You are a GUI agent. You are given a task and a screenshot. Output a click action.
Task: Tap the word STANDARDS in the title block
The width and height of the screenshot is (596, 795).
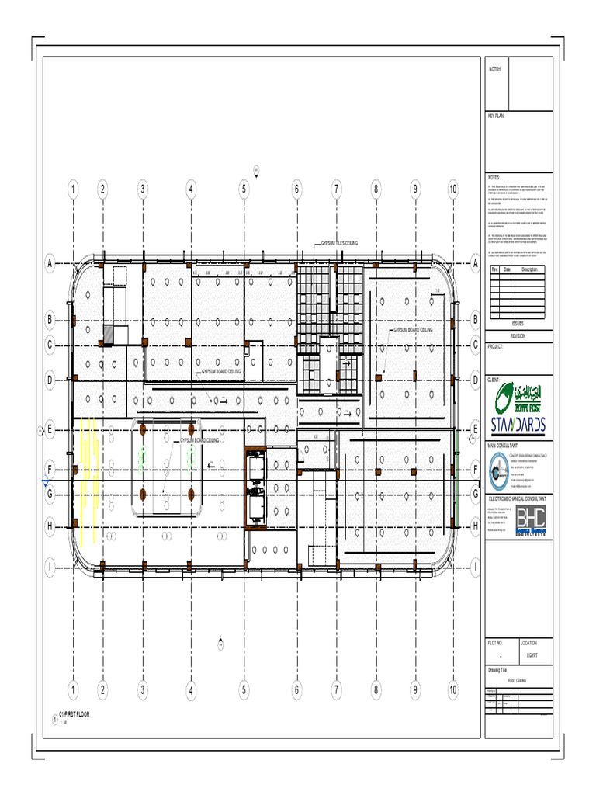tap(518, 424)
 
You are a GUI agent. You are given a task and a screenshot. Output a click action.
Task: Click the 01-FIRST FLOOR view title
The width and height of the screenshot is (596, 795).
tap(75, 714)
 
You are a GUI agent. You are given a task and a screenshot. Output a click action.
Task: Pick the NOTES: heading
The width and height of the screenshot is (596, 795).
tap(495, 178)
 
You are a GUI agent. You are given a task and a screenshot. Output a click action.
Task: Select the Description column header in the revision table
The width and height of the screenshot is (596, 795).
tap(529, 269)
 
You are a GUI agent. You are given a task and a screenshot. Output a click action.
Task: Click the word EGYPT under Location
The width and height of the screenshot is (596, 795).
tap(531, 655)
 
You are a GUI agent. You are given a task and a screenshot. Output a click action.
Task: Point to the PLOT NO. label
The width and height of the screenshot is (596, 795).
tap(496, 644)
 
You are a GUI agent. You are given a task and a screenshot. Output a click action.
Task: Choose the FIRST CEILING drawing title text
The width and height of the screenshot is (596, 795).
tap(518, 679)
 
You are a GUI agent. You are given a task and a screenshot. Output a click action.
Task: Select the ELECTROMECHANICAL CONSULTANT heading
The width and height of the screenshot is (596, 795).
tap(517, 497)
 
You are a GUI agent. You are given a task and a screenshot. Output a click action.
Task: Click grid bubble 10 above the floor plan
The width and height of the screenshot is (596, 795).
tap(453, 188)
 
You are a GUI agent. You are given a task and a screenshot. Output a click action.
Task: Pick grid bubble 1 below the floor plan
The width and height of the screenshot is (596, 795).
tap(72, 688)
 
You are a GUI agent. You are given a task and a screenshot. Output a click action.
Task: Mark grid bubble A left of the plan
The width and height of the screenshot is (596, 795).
tap(50, 264)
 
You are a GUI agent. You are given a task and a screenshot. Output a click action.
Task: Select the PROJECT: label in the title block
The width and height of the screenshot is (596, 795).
tap(497, 347)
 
